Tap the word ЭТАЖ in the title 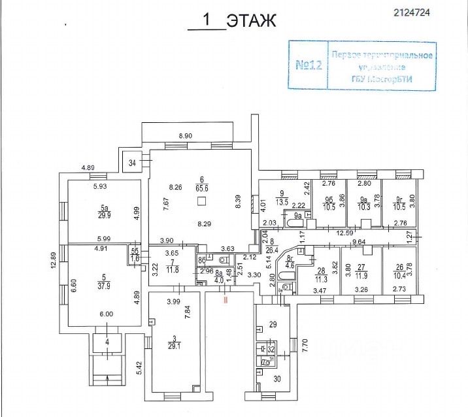point(252,21)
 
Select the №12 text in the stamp point(309,65)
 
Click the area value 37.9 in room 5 point(100,285)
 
